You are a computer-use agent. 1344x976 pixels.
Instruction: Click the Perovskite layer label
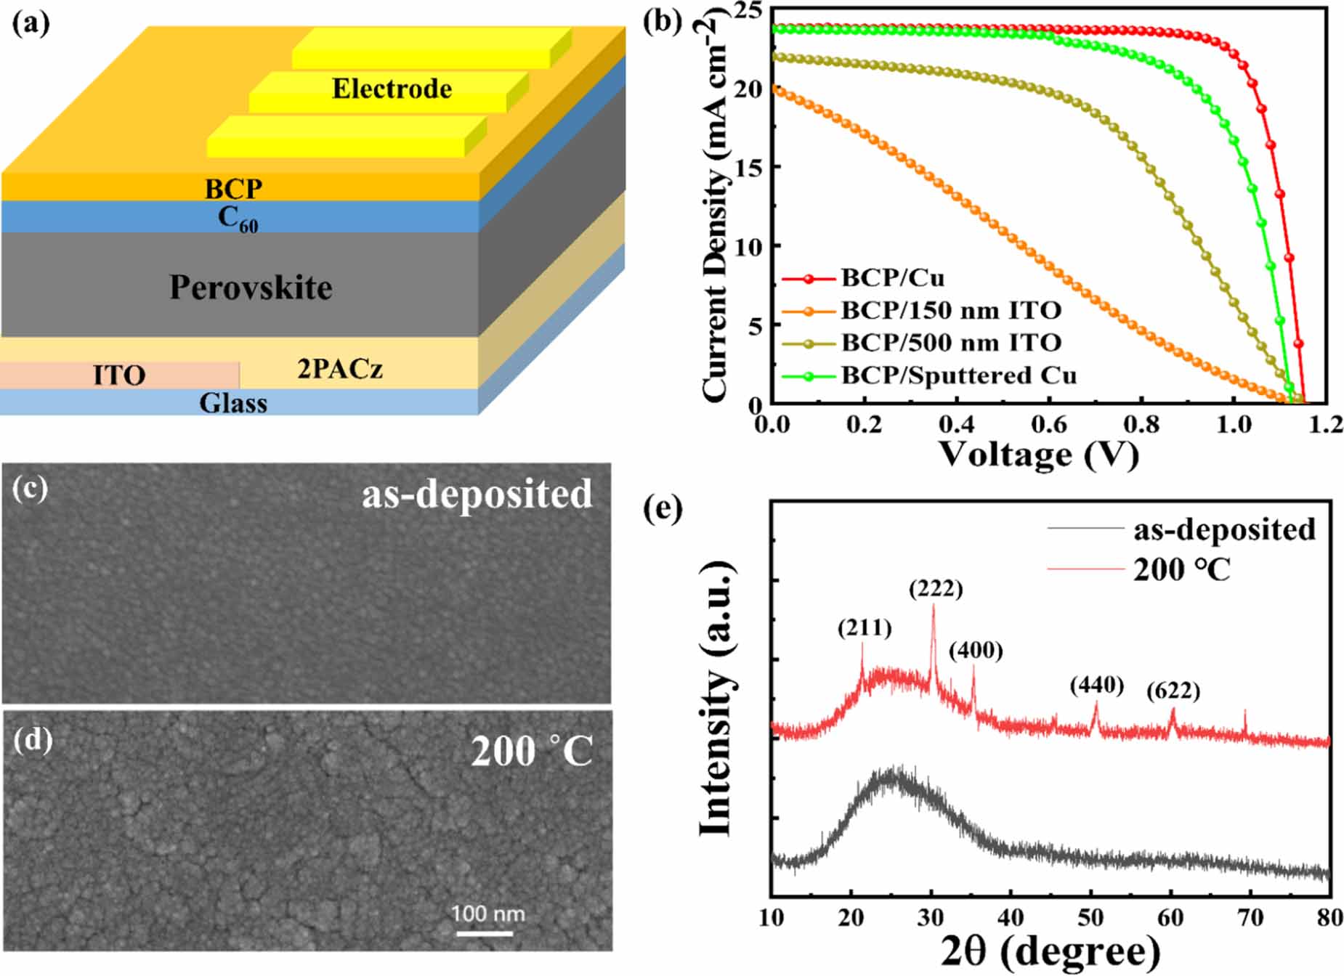(251, 288)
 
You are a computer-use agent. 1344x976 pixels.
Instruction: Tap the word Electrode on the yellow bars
(392, 89)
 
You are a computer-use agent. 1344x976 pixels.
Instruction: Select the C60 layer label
(238, 218)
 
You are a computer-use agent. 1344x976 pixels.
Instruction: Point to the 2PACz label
(339, 369)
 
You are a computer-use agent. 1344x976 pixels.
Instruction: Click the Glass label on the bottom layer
(233, 403)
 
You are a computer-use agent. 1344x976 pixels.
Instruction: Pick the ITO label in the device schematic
(119, 375)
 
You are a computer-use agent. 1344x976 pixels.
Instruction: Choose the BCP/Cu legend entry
(892, 278)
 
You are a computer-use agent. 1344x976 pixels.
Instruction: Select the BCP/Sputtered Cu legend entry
(958, 375)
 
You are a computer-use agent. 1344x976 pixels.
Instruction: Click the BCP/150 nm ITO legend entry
(950, 311)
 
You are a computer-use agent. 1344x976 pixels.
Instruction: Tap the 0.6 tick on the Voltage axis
(1049, 425)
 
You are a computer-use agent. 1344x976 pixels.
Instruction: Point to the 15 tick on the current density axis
(749, 167)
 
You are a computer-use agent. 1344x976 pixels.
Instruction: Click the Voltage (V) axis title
(1038, 456)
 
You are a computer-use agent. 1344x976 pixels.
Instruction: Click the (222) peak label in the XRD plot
(935, 589)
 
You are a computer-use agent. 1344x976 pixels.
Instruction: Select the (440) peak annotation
(1096, 685)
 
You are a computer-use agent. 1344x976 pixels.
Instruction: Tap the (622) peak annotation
(1173, 691)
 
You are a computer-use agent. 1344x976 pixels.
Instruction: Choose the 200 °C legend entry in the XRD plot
(1181, 570)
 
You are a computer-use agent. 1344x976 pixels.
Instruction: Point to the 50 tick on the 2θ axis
(1090, 918)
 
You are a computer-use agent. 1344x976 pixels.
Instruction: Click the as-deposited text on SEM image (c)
(477, 495)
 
